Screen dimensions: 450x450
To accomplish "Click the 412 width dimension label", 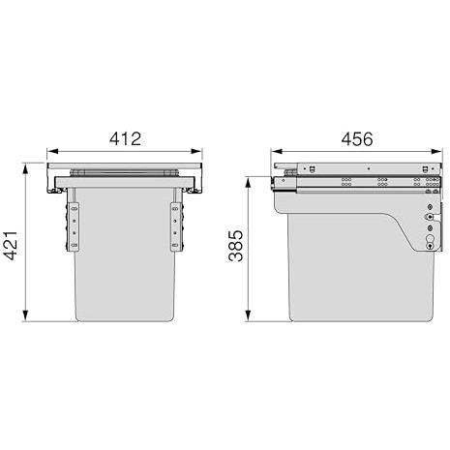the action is tap(125, 138).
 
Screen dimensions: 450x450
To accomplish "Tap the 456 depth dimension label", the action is tap(357, 138).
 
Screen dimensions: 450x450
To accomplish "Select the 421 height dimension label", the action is tap(11, 246).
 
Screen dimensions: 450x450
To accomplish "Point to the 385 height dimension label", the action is tap(235, 246).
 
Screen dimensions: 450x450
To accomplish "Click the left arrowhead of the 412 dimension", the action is tap(52, 151).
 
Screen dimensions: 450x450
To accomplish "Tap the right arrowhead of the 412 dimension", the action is tap(196, 151).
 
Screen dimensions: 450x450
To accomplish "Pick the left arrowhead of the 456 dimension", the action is tap(277, 151).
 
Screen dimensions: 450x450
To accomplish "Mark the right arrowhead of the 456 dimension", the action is tap(436, 151).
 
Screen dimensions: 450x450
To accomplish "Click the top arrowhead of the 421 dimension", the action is tap(25, 168).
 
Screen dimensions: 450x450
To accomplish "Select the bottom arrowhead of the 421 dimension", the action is tap(25, 315).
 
